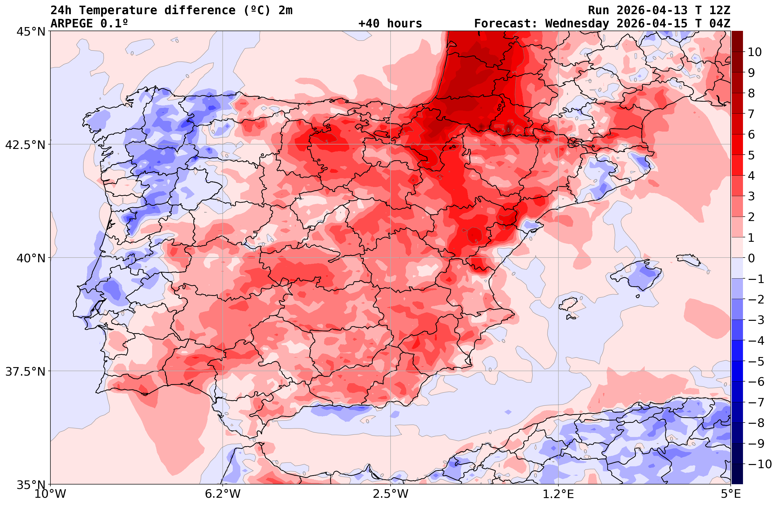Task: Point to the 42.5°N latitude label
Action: point(25,145)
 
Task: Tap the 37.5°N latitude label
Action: point(25,372)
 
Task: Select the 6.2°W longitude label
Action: point(223,494)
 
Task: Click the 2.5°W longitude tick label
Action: point(391,494)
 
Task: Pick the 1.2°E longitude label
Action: point(558,494)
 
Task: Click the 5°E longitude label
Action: point(731,494)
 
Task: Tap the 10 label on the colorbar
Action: point(755,52)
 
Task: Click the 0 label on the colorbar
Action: point(751,258)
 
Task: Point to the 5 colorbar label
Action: point(751,155)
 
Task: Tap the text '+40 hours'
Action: point(390,24)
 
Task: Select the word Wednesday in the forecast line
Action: point(577,24)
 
